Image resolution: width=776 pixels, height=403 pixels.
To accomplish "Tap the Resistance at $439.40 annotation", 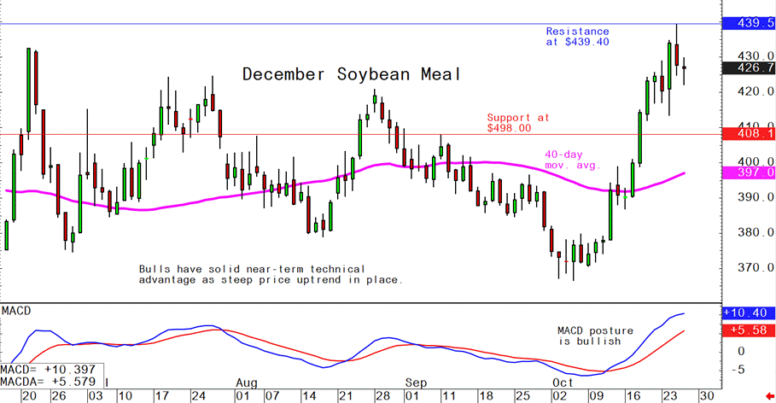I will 577,36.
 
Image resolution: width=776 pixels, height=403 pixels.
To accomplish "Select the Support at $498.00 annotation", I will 517,122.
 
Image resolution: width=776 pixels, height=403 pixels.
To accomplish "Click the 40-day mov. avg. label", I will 573,160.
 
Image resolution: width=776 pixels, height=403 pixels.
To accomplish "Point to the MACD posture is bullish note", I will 588,336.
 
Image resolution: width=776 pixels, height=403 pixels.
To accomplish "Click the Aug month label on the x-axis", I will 245,383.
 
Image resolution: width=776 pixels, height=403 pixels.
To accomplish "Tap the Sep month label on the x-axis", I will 416,383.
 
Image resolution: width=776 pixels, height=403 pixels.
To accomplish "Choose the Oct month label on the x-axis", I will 563,383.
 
